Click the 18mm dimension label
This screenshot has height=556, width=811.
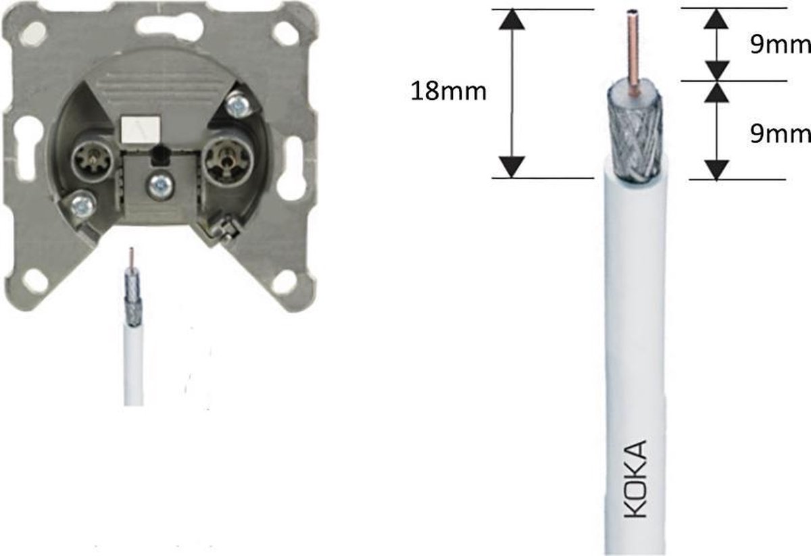pyautogui.click(x=449, y=91)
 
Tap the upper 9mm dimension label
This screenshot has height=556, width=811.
pyautogui.click(x=780, y=45)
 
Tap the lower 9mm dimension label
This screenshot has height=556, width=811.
pyautogui.click(x=780, y=134)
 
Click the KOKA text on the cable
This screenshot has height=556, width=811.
pyautogui.click(x=635, y=479)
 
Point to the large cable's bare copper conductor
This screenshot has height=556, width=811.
pyautogui.click(x=633, y=53)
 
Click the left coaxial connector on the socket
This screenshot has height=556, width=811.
pyautogui.click(x=93, y=160)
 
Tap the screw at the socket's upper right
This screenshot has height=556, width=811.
pyautogui.click(x=237, y=105)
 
